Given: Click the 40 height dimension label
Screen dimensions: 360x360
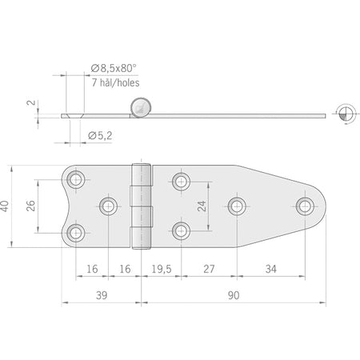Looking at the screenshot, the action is [5, 206].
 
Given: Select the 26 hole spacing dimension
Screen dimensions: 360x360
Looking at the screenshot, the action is [30, 206].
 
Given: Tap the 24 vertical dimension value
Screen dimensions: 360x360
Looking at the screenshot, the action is [202, 206].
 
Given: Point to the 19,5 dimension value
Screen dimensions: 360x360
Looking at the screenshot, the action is [162, 269].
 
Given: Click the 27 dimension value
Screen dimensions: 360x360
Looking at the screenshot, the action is [209, 269].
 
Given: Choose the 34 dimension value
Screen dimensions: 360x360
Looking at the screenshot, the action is [271, 269].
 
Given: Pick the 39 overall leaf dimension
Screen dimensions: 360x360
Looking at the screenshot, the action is [102, 295].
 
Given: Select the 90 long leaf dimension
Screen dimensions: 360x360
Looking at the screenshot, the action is [234, 295].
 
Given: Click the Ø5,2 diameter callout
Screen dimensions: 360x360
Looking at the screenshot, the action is [100, 136].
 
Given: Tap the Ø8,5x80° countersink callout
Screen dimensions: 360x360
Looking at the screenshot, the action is [114, 69].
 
